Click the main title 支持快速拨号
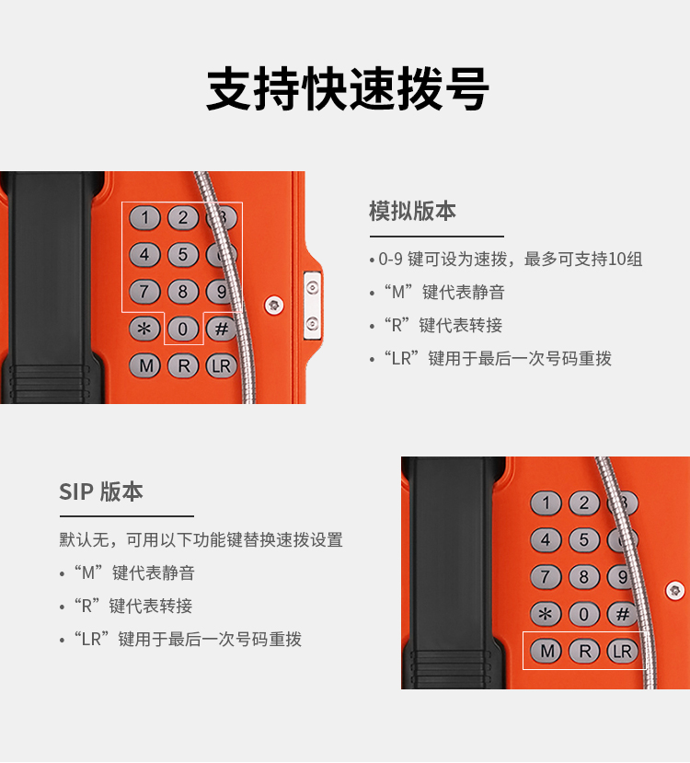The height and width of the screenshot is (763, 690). point(348,89)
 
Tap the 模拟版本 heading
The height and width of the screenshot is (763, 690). point(412,211)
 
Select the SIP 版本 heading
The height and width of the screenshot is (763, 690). point(101,491)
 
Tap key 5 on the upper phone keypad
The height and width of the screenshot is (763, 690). point(183,255)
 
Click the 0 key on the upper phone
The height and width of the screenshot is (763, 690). point(183,329)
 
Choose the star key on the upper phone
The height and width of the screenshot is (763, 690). point(145,329)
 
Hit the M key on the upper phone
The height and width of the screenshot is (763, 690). point(145,366)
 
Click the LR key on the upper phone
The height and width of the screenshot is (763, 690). point(222,366)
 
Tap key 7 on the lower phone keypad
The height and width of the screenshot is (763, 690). point(546,577)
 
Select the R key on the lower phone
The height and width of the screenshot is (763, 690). point(584,651)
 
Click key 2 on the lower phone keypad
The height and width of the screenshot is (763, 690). point(584,503)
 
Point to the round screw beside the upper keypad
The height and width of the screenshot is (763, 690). point(274,305)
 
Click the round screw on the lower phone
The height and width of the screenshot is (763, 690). point(674,591)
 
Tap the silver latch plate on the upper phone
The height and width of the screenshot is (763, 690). point(312,306)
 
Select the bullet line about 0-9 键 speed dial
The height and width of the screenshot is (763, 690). point(506,259)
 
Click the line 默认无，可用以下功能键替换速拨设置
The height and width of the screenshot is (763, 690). point(201,539)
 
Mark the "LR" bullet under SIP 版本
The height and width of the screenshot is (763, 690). point(181,639)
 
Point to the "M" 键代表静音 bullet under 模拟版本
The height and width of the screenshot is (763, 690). point(437,292)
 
